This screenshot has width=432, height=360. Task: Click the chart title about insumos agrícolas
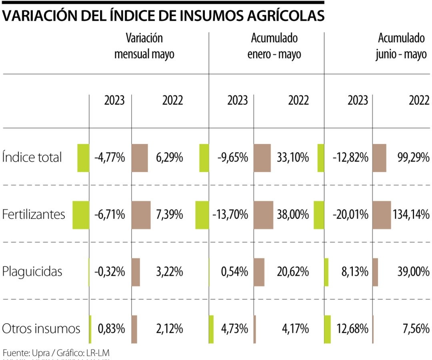[x=163, y=16]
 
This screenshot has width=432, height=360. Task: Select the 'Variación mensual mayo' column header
[x=144, y=46]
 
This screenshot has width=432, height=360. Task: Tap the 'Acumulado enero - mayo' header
[x=274, y=46]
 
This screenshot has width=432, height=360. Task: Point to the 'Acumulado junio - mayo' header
[x=401, y=46]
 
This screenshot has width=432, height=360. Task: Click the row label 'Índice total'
[x=32, y=158]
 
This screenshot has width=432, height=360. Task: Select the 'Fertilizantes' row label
[x=34, y=214]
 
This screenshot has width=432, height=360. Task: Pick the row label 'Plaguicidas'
[x=32, y=272]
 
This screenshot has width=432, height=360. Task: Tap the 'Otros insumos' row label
[x=41, y=329]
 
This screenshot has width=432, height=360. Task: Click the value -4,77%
[x=110, y=158]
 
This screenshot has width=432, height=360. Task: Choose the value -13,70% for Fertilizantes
[x=230, y=215]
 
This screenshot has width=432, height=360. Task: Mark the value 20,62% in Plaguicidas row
[x=292, y=272]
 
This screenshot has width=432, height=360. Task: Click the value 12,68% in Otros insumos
[x=352, y=329]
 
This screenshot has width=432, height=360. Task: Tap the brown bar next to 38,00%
[x=263, y=215]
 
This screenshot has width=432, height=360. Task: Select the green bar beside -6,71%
[x=81, y=215]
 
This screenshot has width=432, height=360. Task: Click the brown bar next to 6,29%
[x=140, y=158]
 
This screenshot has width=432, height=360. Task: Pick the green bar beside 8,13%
[x=326, y=272]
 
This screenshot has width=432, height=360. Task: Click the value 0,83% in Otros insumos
[x=112, y=329]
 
